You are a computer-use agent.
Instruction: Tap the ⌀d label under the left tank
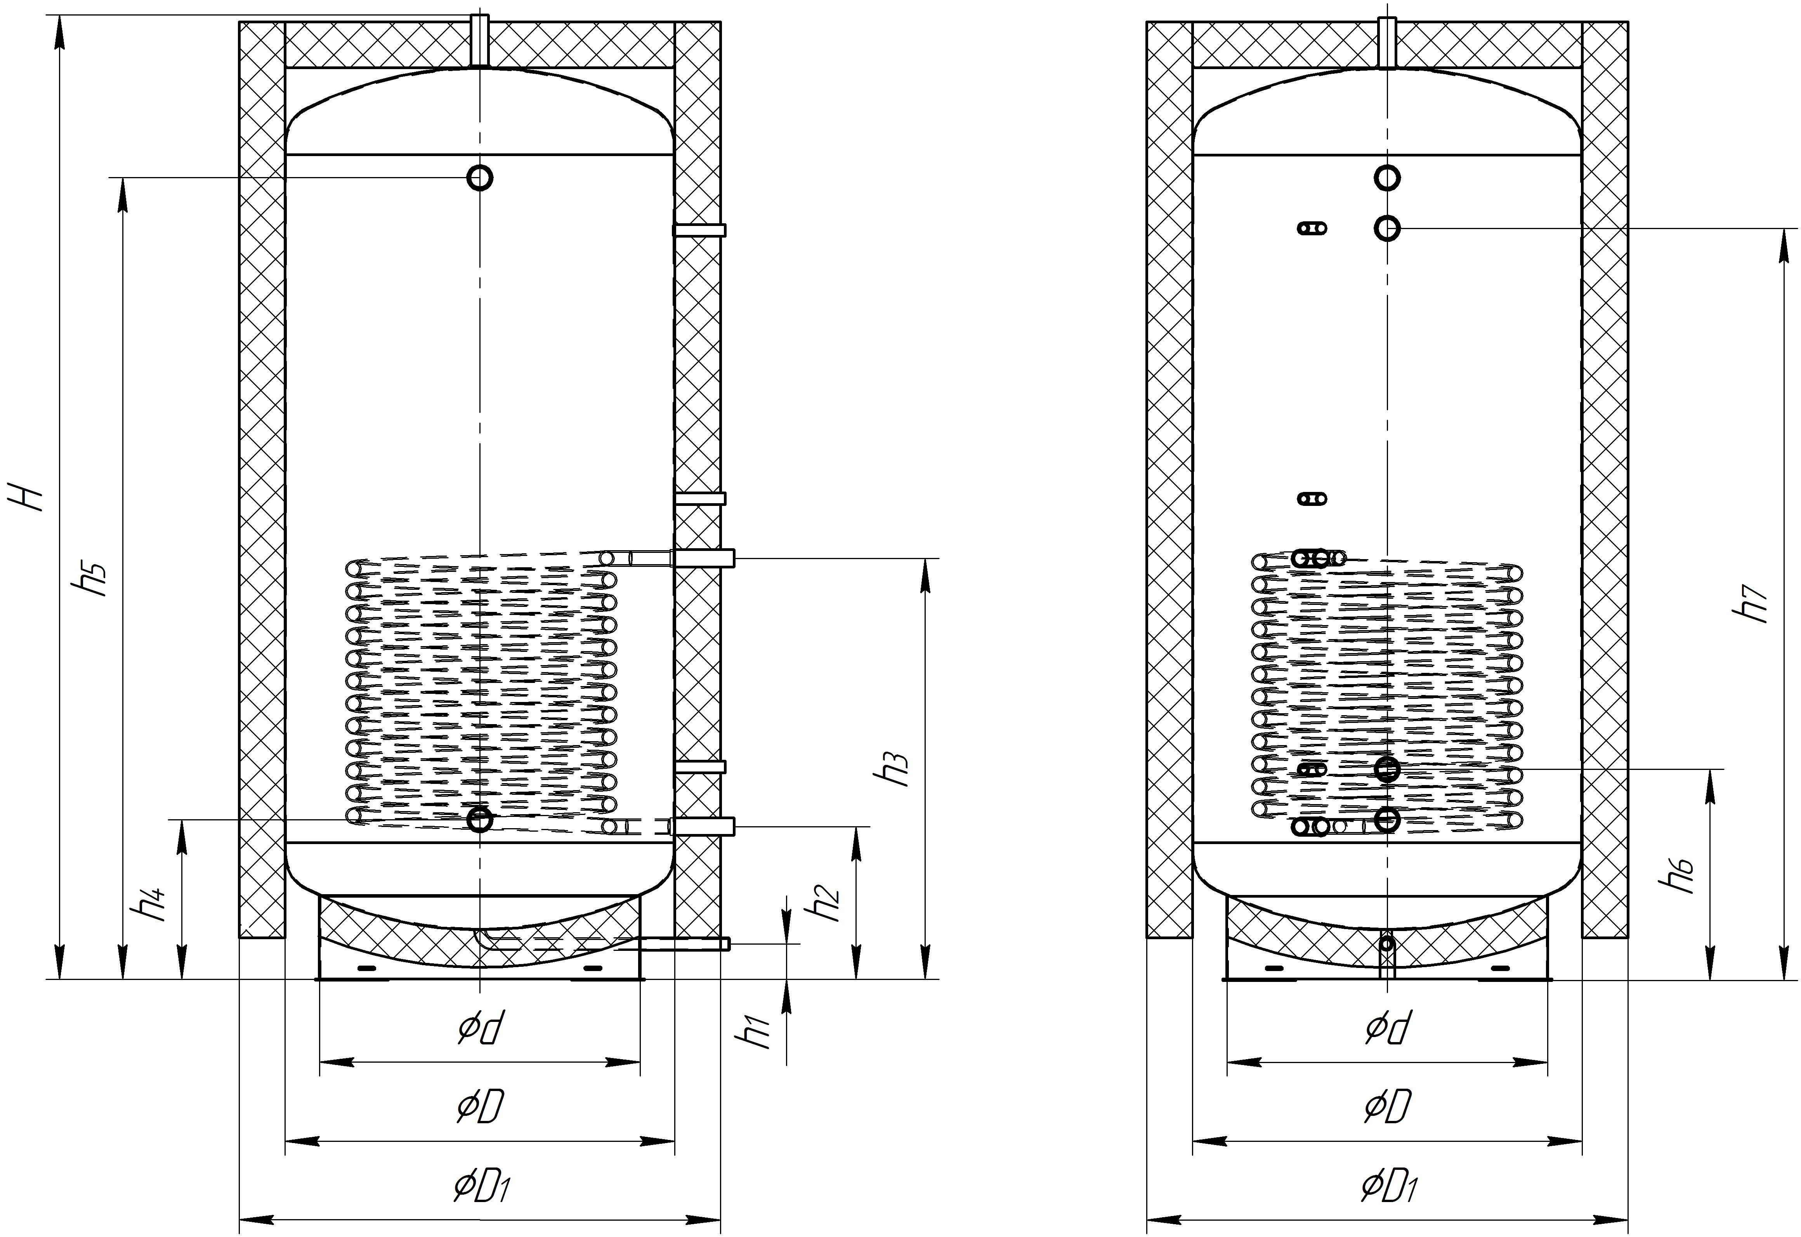[481, 1029]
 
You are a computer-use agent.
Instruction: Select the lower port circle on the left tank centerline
[480, 819]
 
